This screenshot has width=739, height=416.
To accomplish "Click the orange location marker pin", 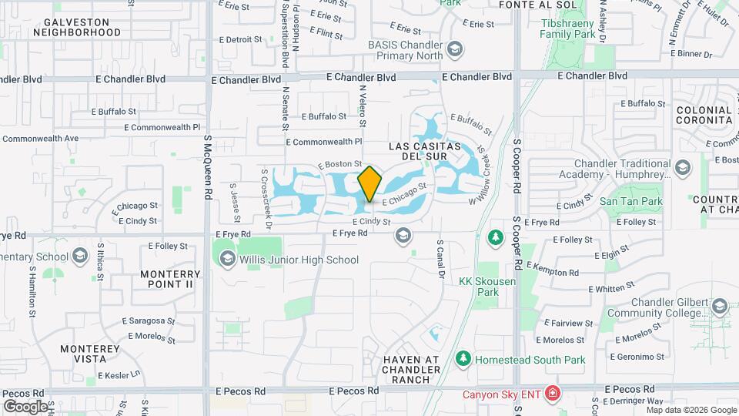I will pyautogui.click(x=369, y=183).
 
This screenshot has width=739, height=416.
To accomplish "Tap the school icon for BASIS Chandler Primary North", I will pyautogui.click(x=455, y=50).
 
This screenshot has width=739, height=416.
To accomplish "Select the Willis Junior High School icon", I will pyautogui.click(x=226, y=260).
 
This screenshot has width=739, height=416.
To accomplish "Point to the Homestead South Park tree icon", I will pyautogui.click(x=463, y=359).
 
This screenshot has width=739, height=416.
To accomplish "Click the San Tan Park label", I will pyautogui.click(x=630, y=202).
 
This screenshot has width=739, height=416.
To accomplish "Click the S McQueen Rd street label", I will pyautogui.click(x=207, y=169).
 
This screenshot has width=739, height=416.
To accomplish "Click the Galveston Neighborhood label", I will pyautogui.click(x=77, y=27).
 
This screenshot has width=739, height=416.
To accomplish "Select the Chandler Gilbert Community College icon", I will pyautogui.click(x=719, y=307).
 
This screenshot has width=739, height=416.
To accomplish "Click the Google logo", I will pyautogui.click(x=25, y=406).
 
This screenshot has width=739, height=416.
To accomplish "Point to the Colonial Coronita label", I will pyautogui.click(x=704, y=116).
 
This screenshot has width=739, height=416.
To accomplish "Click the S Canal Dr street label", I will pyautogui.click(x=441, y=258).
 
